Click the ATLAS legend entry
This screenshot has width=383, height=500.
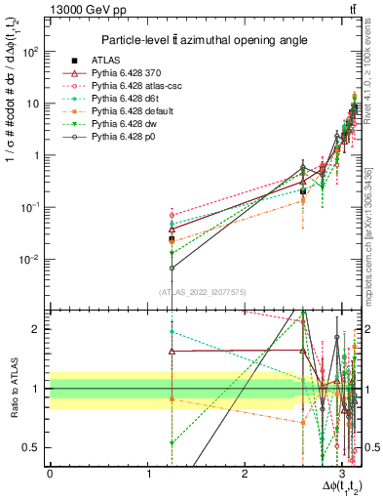pyautogui.click(x=106, y=60)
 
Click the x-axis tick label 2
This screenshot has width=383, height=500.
pyautogui.click(x=246, y=475)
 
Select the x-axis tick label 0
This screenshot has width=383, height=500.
pyautogui.click(x=50, y=475)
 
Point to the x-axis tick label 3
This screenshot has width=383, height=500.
pyautogui.click(x=343, y=475)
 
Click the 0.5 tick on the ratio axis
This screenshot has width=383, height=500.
pyautogui.click(x=35, y=448)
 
